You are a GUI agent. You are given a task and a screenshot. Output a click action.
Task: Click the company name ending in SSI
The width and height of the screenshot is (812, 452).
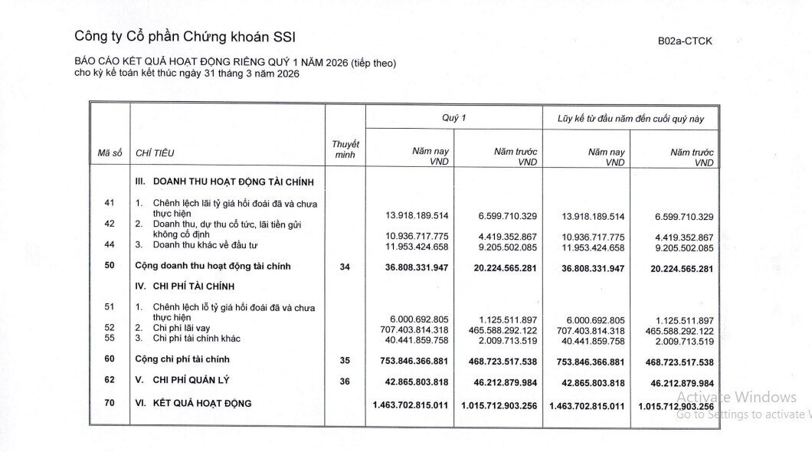point(185,36)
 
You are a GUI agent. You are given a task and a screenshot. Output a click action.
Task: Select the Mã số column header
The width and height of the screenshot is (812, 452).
point(110,153)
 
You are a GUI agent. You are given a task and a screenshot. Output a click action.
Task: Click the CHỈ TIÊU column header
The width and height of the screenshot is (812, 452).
point(155,153)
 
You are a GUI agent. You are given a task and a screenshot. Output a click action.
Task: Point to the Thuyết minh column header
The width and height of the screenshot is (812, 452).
point(345,149)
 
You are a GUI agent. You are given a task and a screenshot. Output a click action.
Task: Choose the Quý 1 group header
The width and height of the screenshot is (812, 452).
point(453,118)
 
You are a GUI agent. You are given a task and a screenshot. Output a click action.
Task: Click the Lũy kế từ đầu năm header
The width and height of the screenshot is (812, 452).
point(630,119)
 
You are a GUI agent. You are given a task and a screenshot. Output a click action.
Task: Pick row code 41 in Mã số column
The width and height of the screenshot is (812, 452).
point(110,202)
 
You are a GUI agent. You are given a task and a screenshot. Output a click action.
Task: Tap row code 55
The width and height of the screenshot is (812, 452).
point(110,338)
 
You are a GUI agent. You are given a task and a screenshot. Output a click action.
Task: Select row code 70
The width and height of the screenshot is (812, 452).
point(110,403)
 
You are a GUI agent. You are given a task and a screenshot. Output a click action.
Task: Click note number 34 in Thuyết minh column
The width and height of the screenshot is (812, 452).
point(345,267)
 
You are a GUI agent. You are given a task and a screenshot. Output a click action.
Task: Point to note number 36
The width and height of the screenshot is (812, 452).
point(345,381)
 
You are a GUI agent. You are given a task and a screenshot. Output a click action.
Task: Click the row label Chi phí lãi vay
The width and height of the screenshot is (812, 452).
point(181,328)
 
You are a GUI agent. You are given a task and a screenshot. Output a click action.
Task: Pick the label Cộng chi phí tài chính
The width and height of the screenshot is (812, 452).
point(182,359)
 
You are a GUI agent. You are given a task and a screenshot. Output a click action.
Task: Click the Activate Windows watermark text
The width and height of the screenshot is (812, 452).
point(736,397)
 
